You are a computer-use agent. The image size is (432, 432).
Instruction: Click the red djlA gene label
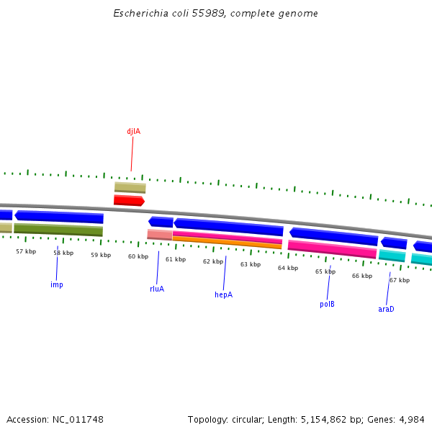coord(133,132)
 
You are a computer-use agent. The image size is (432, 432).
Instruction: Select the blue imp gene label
coord(56,284)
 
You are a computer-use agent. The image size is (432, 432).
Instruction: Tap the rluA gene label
coord(157,289)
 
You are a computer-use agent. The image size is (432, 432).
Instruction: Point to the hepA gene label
coord(223,294)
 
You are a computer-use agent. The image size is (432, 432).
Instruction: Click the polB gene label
coord(327,304)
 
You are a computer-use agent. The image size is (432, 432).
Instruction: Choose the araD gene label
coord(386,309)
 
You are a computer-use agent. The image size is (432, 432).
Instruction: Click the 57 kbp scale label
coord(26,251)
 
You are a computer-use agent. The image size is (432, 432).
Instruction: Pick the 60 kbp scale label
coord(138,256)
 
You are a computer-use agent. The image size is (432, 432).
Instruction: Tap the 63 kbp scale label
coord(251,264)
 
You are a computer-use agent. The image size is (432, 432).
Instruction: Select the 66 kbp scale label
coord(362,276)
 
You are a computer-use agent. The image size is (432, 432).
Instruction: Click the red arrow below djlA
coord(129,201)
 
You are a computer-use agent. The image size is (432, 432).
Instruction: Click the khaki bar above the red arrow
coord(130,188)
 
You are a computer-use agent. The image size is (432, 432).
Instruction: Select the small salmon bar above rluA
coord(159,235)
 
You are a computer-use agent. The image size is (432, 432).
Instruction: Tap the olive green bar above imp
coord(58,230)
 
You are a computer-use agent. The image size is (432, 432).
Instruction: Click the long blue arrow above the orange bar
coord(228,228)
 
